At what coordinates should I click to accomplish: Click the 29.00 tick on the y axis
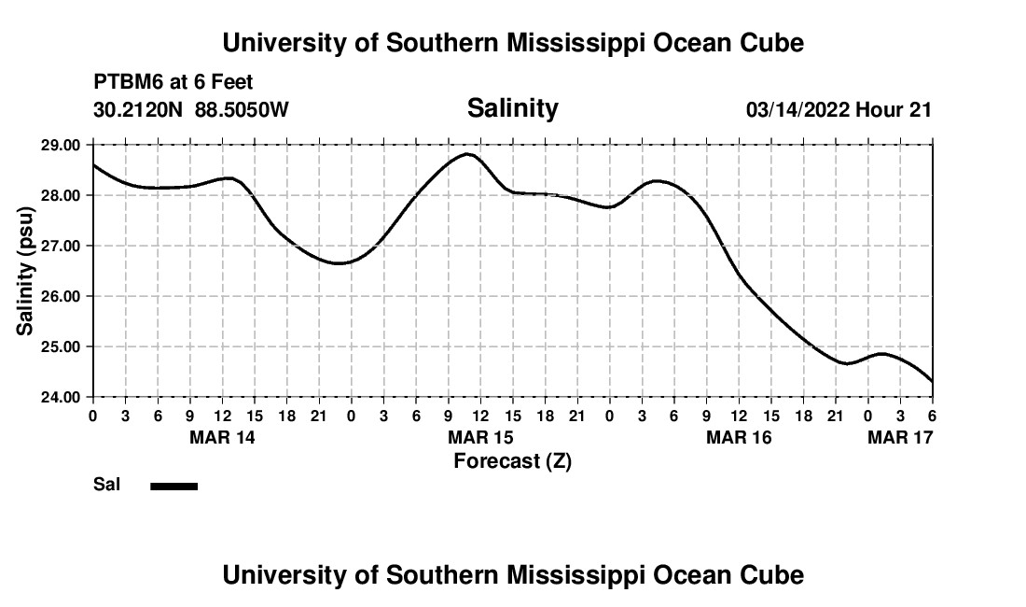(62, 145)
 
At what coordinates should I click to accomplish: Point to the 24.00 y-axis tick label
(62, 397)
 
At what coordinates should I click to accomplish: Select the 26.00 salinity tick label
(62, 296)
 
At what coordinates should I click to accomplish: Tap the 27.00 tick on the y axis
(62, 246)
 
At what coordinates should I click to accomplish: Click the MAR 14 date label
(222, 437)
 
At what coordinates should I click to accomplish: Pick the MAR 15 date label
(480, 437)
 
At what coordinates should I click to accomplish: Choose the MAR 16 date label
(739, 437)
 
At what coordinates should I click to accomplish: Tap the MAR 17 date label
(900, 437)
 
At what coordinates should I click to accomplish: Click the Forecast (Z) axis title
(512, 461)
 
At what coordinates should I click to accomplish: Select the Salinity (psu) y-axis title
(25, 271)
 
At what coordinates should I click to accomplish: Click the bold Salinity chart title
(512, 108)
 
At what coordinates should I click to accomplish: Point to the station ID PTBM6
(126, 83)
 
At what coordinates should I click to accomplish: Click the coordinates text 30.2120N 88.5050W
(191, 109)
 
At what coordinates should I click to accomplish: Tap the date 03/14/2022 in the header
(797, 110)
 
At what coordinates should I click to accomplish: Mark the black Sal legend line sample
(174, 486)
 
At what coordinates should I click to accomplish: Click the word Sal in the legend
(105, 486)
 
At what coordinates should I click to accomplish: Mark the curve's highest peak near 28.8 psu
(467, 154)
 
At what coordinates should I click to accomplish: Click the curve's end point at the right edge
(932, 381)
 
